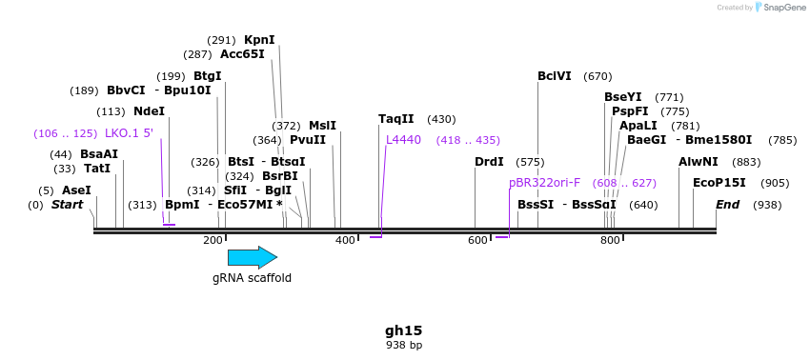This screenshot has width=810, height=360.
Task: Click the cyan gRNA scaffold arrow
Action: point(252,257)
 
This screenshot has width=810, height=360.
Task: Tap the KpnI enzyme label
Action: point(259,40)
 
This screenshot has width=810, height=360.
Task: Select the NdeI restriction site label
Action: point(149,111)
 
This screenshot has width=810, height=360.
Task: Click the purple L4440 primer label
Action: point(403,140)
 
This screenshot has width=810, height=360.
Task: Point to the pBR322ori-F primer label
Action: point(544,183)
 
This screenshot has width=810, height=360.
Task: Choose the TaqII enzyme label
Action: point(396,119)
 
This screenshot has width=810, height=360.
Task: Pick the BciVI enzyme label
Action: point(555,76)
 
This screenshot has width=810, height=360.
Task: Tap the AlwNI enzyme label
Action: point(699,162)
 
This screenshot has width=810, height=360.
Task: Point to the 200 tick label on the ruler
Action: point(213,240)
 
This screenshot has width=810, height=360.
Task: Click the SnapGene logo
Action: point(780,8)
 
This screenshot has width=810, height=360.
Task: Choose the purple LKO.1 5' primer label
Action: point(129,133)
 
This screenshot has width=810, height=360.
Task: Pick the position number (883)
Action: point(746,162)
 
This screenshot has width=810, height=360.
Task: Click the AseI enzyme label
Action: point(76,190)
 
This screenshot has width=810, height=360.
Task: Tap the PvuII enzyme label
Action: point(308,140)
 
